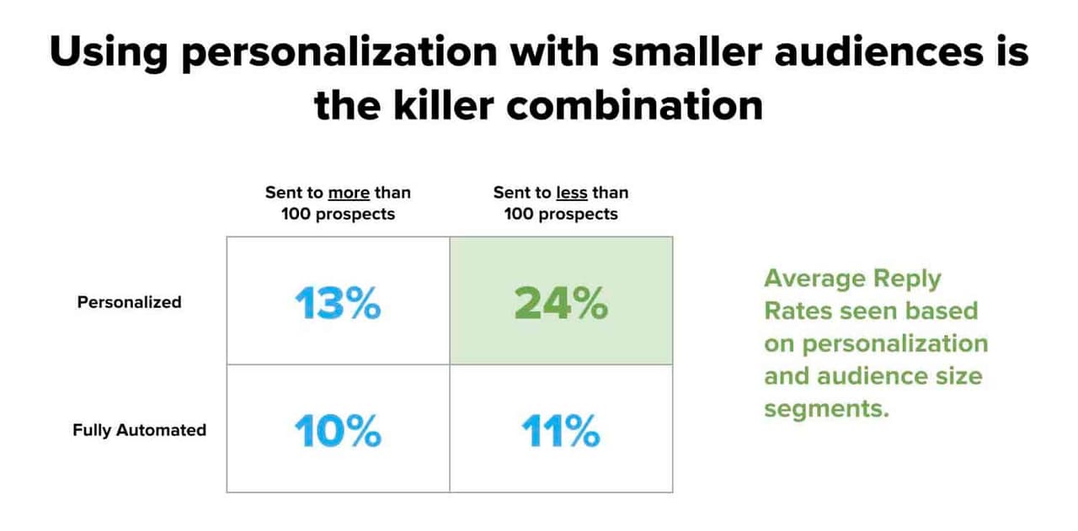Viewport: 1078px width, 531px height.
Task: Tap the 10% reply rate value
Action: (x=338, y=431)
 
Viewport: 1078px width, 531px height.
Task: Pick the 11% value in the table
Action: (x=561, y=431)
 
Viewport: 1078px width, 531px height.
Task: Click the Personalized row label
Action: (x=129, y=302)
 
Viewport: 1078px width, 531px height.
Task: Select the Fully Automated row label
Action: (x=139, y=430)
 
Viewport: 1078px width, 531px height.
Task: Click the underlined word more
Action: (x=349, y=193)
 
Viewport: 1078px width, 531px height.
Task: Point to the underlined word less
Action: (x=573, y=193)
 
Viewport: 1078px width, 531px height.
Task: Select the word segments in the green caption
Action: (x=825, y=409)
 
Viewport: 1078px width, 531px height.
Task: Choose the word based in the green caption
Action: (x=942, y=311)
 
